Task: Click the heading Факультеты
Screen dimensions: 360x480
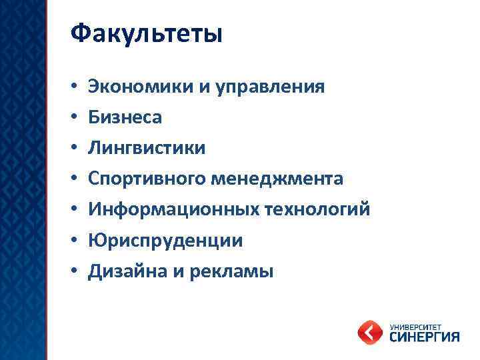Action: [145, 33]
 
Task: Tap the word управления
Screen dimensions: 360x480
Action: [270, 86]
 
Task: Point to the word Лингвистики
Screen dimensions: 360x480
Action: [147, 147]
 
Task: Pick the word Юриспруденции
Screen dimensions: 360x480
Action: [165, 240]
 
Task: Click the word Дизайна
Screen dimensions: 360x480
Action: [129, 271]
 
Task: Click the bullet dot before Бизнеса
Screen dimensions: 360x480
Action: [75, 117]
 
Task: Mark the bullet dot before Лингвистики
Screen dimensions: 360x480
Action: [75, 148]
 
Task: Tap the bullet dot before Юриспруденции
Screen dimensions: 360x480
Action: [75, 241]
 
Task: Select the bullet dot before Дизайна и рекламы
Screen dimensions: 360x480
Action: [75, 271]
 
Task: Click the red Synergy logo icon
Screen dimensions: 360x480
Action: [369, 331]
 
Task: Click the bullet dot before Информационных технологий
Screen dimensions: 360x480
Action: [75, 210]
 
